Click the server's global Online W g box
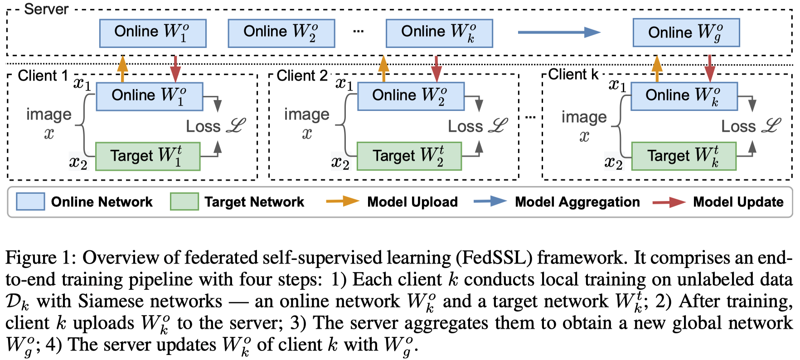[x=686, y=33]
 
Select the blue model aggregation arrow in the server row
[x=558, y=32]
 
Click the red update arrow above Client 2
[x=436, y=68]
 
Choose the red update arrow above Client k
[x=710, y=68]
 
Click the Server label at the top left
[x=46, y=9]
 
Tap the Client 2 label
[x=302, y=76]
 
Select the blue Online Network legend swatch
[x=30, y=202]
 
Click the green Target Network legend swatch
[x=184, y=202]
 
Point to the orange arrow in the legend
[x=342, y=202]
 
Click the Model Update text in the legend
[x=738, y=202]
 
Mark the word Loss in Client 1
[x=203, y=126]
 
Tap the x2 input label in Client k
[x=613, y=162]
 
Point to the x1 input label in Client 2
[x=344, y=84]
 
